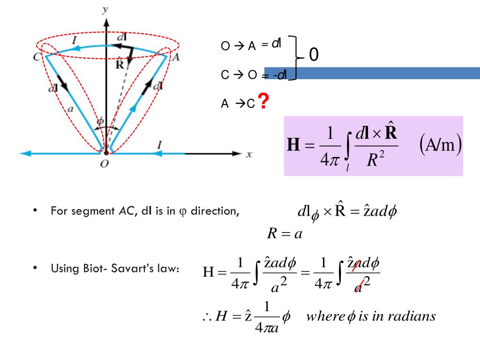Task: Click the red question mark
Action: (x=264, y=101)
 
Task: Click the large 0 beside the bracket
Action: (x=314, y=56)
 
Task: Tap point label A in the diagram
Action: (x=175, y=58)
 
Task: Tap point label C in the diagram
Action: (x=37, y=57)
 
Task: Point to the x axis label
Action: (x=249, y=155)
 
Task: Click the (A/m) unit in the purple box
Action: (x=441, y=145)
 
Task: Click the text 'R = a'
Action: (x=284, y=234)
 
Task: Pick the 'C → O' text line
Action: (x=239, y=75)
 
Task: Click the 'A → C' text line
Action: (x=238, y=104)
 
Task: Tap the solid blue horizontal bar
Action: (x=375, y=73)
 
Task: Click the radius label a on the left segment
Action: (x=71, y=109)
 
